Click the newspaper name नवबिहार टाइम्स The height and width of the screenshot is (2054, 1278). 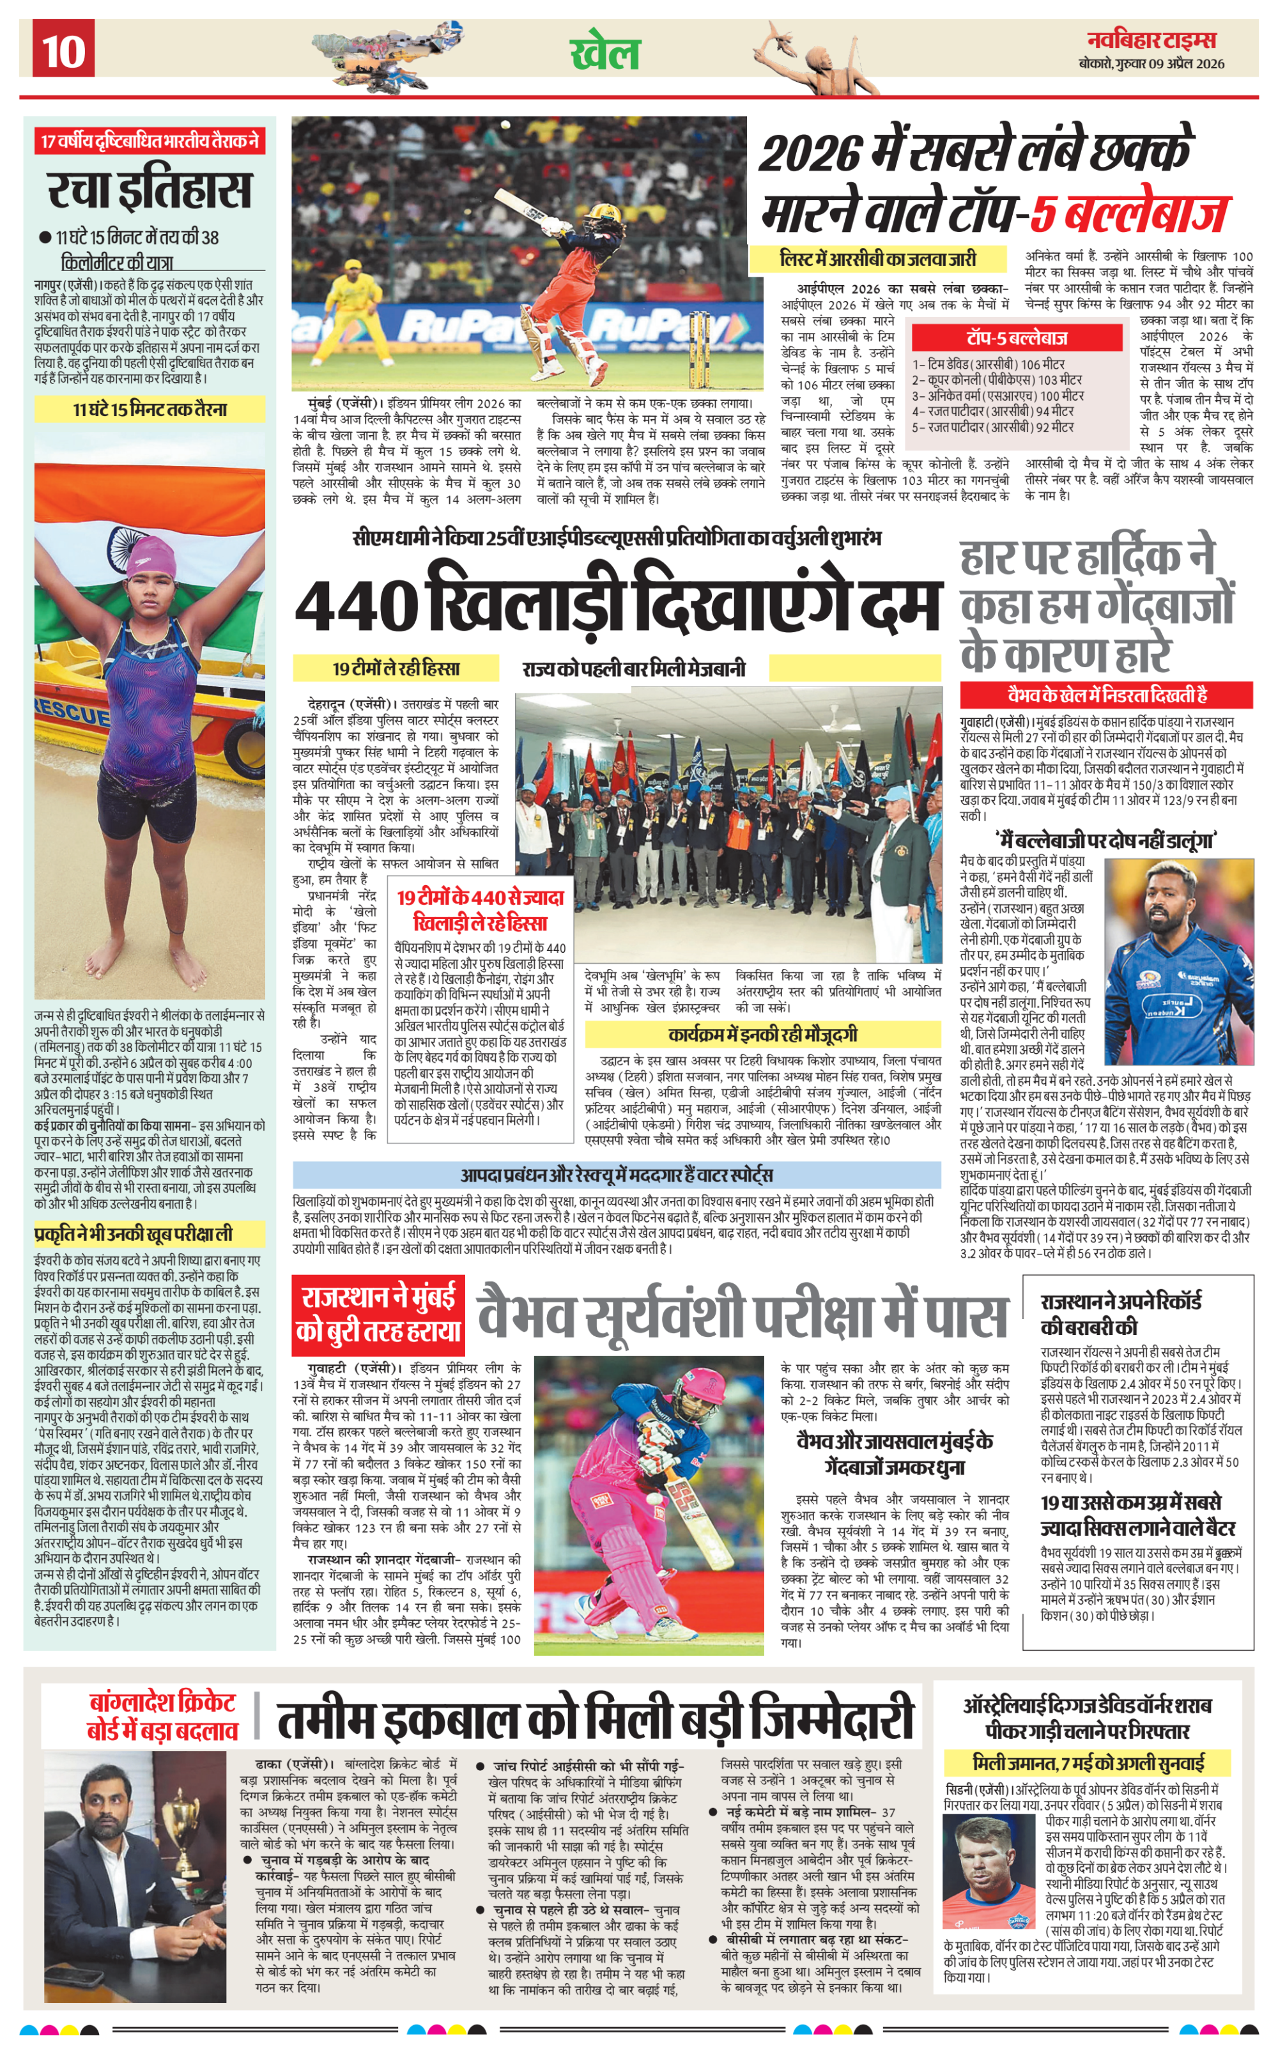click(1151, 40)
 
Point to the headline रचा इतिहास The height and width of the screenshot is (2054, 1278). click(150, 190)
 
